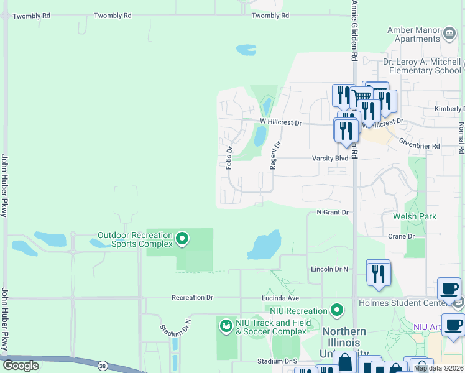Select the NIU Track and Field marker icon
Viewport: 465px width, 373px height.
tap(226, 325)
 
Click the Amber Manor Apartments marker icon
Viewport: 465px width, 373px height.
tap(449, 32)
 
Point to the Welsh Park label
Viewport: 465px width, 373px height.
tap(414, 216)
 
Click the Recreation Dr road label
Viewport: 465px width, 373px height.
tap(192, 298)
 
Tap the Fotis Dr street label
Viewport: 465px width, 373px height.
tap(229, 156)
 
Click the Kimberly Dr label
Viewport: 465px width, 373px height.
tap(449, 109)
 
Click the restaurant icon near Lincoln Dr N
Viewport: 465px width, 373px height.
tap(378, 273)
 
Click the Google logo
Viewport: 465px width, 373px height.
tap(21, 366)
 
